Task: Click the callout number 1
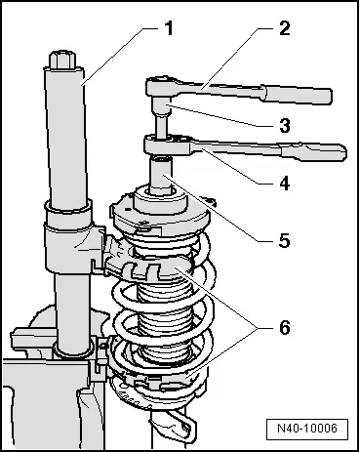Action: click(x=169, y=28)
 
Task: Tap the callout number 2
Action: click(x=284, y=28)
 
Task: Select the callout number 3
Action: click(x=285, y=125)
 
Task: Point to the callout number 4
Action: click(x=284, y=184)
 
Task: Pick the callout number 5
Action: click(x=284, y=241)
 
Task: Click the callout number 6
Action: click(x=285, y=327)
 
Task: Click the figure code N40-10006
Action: click(x=307, y=428)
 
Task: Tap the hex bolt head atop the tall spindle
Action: click(x=62, y=60)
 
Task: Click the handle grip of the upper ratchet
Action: click(x=297, y=95)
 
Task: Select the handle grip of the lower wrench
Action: click(x=314, y=152)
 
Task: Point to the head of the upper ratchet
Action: click(x=161, y=86)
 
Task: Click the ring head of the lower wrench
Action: click(x=167, y=144)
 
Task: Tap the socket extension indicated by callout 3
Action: click(x=161, y=118)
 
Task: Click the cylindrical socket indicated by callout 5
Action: click(x=160, y=175)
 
